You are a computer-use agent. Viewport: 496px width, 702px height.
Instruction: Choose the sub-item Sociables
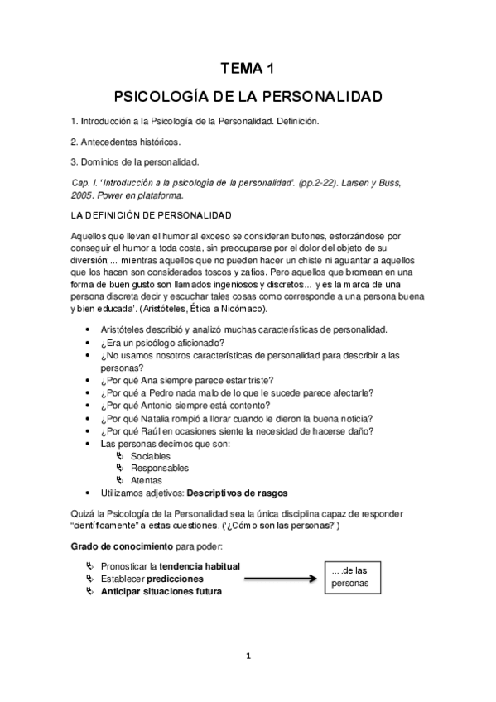point(151,456)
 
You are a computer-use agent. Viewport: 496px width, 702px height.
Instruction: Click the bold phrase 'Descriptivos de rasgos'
point(237,493)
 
